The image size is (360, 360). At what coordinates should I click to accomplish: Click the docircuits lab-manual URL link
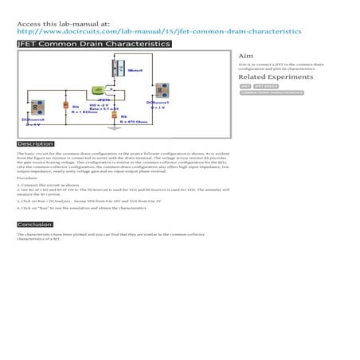click(159, 32)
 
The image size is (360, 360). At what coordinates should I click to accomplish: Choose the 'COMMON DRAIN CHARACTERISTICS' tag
click(272, 93)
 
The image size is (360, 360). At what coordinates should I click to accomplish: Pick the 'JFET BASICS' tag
click(265, 86)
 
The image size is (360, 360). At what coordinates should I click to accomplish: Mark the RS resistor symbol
click(113, 116)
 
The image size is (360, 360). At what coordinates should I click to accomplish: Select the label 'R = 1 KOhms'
click(84, 112)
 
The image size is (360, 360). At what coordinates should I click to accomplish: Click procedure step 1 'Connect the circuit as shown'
click(48, 185)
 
